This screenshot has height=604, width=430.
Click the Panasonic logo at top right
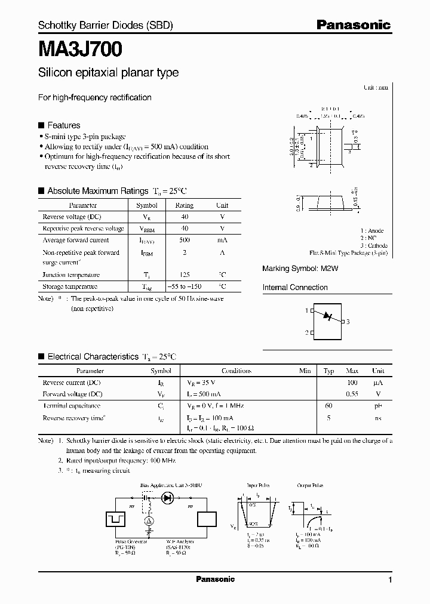click(353, 25)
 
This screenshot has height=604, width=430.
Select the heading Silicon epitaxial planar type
click(108, 73)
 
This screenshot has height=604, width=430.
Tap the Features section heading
click(63, 125)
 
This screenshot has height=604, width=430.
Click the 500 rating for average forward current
click(184, 240)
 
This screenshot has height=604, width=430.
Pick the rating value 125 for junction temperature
click(184, 275)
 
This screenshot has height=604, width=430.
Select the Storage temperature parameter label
click(70, 286)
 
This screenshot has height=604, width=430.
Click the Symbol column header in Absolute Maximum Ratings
click(147, 205)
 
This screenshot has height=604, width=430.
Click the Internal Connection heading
click(295, 288)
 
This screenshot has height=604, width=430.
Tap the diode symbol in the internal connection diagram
click(326, 315)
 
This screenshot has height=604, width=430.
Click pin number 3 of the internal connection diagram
click(348, 321)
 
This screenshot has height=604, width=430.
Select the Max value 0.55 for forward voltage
click(352, 394)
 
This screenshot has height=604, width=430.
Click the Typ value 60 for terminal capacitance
click(328, 406)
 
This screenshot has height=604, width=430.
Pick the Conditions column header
click(236, 371)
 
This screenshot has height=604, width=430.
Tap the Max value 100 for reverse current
click(352, 383)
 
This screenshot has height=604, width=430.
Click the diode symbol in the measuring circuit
click(168, 497)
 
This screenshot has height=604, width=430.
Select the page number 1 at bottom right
click(390, 580)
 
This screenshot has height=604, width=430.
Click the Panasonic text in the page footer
click(215, 579)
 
